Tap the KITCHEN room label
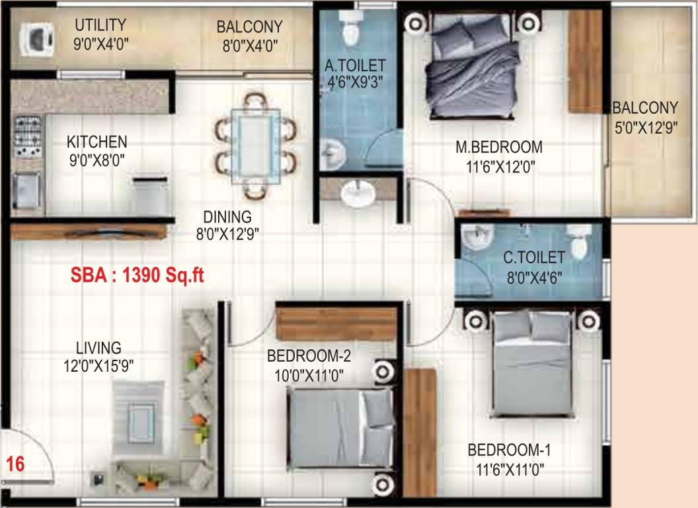click(x=97, y=142)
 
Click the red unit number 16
click(x=15, y=464)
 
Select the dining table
click(x=254, y=141)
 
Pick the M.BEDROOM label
click(x=499, y=147)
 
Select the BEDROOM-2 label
click(x=308, y=357)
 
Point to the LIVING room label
click(x=98, y=348)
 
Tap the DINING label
click(x=227, y=216)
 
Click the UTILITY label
click(x=100, y=25)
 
